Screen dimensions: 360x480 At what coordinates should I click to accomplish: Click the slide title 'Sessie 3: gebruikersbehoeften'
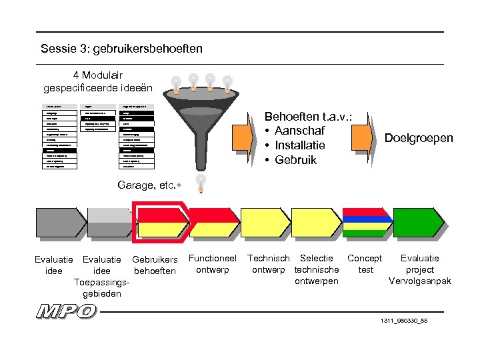(121, 49)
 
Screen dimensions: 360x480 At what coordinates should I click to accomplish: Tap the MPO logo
(67, 311)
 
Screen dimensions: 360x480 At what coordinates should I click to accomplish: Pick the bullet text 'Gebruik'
(296, 159)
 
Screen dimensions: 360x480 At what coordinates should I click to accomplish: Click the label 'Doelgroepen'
(419, 138)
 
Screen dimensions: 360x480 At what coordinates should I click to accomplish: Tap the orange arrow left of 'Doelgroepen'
(363, 138)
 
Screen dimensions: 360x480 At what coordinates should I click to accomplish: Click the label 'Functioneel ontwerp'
(213, 264)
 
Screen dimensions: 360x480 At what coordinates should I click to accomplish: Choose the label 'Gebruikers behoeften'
(155, 265)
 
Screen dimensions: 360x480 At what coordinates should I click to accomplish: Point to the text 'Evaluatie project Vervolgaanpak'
(419, 269)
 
